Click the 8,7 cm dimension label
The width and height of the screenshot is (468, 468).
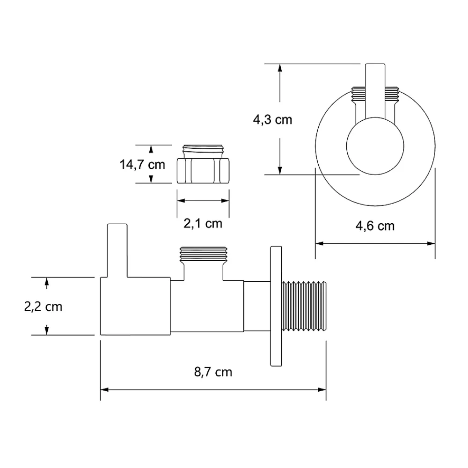(213, 372)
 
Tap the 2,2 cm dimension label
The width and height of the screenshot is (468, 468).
(43, 307)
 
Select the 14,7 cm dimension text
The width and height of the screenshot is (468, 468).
(142, 164)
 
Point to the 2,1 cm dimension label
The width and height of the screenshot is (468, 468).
(203, 224)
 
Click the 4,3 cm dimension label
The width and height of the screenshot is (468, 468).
(272, 120)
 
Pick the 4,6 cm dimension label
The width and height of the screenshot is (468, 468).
(375, 226)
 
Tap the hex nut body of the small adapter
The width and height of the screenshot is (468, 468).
(203, 171)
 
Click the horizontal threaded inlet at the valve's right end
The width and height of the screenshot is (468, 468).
(304, 306)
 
